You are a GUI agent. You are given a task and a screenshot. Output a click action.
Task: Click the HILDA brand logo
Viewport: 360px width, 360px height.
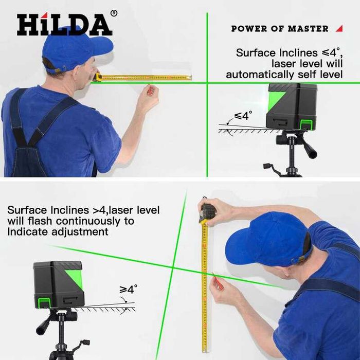pyautogui.click(x=64, y=24)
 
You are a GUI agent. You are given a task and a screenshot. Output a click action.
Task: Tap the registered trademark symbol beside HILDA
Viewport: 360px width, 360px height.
pyautogui.click(x=114, y=13)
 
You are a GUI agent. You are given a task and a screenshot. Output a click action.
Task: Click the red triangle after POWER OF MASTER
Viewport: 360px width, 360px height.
pyautogui.click(x=339, y=28)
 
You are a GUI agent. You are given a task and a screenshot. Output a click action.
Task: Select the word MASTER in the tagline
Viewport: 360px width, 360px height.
pyautogui.click(x=308, y=29)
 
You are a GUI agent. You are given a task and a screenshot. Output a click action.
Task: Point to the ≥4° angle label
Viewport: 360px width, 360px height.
pyautogui.click(x=129, y=290)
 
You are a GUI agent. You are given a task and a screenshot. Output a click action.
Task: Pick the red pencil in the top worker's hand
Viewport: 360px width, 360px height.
pyautogui.click(x=150, y=90)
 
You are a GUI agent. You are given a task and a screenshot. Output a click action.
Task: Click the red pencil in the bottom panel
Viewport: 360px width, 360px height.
pyautogui.click(x=218, y=282)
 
